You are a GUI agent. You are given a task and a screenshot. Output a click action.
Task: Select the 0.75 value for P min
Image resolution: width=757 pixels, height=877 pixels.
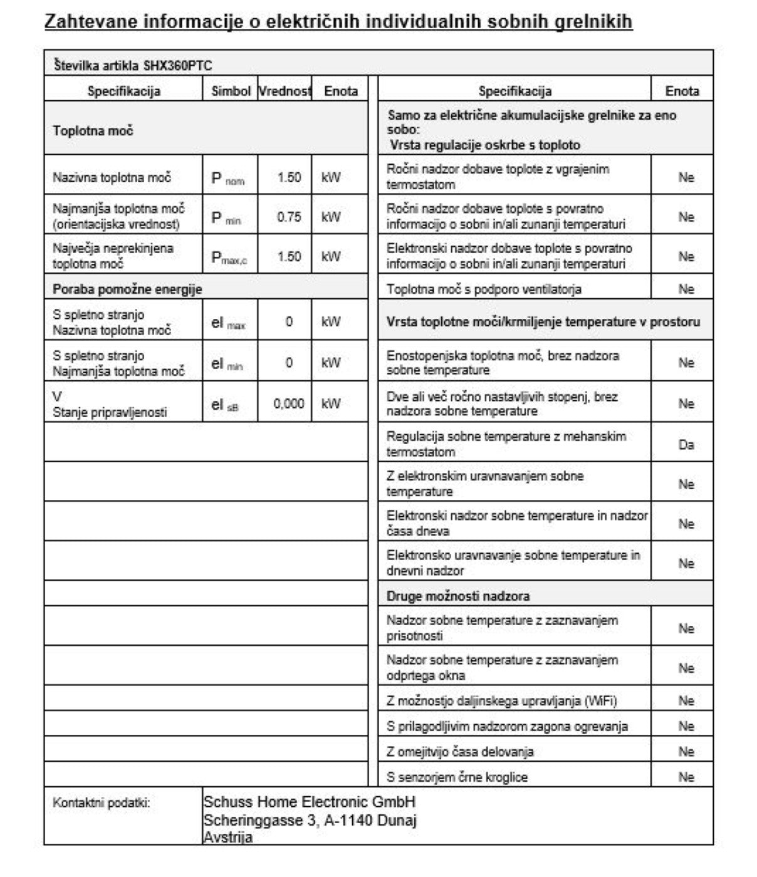tap(289, 217)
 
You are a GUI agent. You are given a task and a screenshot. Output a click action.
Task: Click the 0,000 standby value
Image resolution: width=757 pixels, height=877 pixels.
tap(289, 404)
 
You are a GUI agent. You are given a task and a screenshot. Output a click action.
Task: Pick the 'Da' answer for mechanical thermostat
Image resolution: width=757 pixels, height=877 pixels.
tap(686, 445)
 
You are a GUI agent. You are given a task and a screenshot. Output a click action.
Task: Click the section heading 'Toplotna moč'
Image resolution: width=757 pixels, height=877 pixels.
tap(93, 131)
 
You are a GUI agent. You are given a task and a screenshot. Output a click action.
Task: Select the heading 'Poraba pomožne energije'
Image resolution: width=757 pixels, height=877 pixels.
tap(127, 289)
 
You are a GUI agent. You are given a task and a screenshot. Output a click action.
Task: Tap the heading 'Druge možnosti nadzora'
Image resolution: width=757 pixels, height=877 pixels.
tap(457, 596)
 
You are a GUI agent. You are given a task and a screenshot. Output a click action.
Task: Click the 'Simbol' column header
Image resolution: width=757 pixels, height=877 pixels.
tap(231, 91)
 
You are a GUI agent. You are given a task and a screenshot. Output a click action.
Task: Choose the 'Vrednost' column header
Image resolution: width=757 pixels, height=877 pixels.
tap(285, 91)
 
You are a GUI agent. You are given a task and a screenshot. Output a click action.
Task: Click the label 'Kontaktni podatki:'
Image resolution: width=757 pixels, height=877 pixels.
tap(102, 802)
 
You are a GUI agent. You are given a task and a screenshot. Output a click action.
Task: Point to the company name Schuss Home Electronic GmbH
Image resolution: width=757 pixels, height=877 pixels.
tap(309, 802)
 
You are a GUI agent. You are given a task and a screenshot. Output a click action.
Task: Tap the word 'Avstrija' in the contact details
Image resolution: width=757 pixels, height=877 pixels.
tap(228, 838)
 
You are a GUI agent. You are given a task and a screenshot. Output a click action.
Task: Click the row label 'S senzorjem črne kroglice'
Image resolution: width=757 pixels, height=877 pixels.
tap(457, 777)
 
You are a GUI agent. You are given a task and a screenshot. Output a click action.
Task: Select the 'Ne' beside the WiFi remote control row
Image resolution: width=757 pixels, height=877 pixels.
tap(686, 701)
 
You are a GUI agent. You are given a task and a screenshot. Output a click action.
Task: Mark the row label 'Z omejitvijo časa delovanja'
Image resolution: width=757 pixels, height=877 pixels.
tap(460, 752)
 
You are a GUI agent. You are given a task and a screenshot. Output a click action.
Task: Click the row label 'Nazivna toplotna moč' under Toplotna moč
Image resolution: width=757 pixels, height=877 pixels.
tap(112, 178)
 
